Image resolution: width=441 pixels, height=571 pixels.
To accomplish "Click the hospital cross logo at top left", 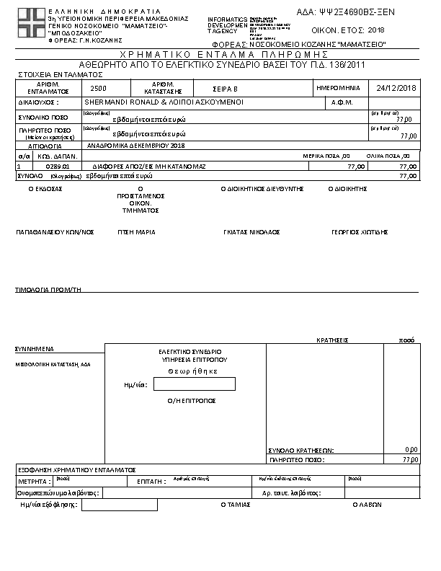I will click(x=30, y=24).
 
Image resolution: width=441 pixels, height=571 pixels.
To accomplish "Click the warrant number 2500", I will click(x=99, y=88).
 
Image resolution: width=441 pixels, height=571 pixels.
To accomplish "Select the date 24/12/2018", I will click(x=397, y=88).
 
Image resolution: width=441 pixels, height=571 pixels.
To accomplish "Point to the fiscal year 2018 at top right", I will click(x=377, y=30).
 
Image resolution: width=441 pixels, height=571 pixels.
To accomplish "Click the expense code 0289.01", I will click(x=57, y=166).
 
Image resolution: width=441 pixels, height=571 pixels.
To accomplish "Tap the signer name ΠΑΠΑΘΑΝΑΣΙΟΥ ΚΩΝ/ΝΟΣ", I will click(x=55, y=232).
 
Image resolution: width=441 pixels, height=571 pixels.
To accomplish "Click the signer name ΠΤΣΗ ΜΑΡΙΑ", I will click(x=137, y=232).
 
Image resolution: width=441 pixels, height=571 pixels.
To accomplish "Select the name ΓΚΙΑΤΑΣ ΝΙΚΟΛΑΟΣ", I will click(x=251, y=232).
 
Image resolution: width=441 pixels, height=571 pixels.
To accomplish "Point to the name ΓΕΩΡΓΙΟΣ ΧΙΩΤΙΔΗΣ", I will click(x=360, y=232).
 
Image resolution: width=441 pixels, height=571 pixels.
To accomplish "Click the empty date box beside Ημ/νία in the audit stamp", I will click(x=194, y=384).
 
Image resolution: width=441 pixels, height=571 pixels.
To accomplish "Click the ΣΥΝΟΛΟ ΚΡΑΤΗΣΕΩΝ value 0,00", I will click(x=411, y=449).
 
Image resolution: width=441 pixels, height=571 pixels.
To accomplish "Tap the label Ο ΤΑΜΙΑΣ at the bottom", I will click(x=235, y=505).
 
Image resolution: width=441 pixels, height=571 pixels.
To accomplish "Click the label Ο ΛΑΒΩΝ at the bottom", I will click(x=365, y=505).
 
